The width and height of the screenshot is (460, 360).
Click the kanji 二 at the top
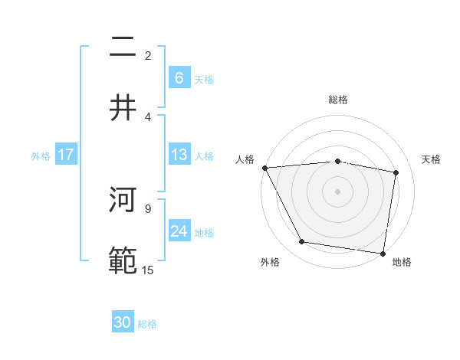tap(123, 47)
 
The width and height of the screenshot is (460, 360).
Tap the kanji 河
tap(123, 201)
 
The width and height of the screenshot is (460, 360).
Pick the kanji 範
tap(123, 260)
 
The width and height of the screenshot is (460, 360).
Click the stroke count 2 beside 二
tap(148, 56)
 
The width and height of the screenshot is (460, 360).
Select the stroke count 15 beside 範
tap(148, 270)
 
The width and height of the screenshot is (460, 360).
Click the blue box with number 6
tap(179, 77)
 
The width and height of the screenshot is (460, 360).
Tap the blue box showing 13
tap(179, 155)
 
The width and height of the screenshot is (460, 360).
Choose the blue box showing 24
tap(179, 231)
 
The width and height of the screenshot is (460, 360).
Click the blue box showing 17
tap(66, 155)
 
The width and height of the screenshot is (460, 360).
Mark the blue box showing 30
tap(123, 322)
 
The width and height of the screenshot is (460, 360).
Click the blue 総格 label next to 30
tap(147, 324)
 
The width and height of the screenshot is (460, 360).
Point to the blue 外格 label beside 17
tap(41, 155)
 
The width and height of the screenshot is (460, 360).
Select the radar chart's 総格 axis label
tap(338, 100)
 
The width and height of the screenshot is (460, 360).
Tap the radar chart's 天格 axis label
tap(432, 159)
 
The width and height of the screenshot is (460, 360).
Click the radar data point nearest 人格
tap(264, 168)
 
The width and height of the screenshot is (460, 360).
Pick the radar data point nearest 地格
tap(383, 253)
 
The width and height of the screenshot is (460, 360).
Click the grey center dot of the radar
tap(338, 191)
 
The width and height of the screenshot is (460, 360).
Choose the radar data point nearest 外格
tap(302, 242)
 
